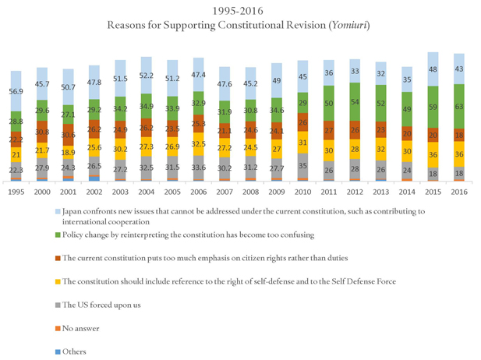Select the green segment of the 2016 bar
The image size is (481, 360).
tap(461, 106)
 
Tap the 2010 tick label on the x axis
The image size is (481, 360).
tap(302, 192)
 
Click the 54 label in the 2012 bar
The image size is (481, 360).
tap(355, 102)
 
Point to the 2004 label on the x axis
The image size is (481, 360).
tap(146, 192)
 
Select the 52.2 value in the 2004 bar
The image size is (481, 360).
tap(146, 75)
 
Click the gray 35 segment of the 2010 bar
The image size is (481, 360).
tap(302, 166)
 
